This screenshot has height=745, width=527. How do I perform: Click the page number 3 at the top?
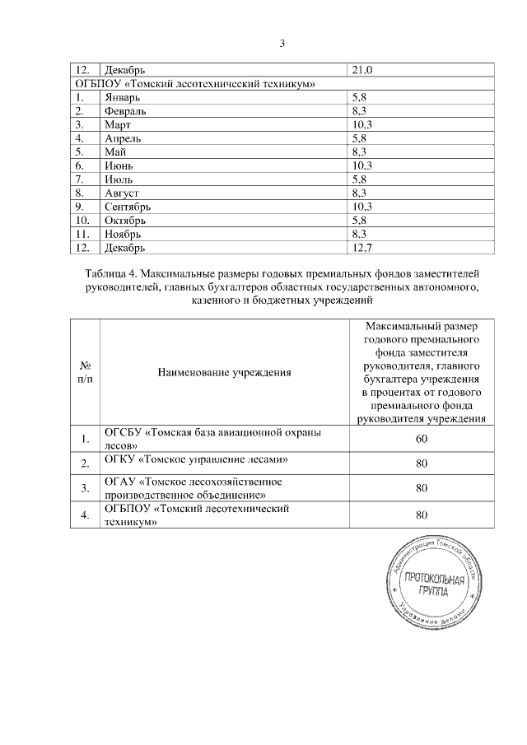[282, 44]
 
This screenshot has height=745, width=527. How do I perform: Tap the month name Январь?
[122, 97]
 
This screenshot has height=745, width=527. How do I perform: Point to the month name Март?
[118, 124]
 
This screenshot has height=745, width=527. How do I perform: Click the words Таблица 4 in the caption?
[114, 272]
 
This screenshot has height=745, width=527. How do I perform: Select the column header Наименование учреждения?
[225, 372]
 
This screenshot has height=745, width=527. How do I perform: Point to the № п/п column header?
[84, 372]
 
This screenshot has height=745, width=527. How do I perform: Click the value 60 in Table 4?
[421, 438]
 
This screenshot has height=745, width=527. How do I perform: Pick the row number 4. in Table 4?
[83, 516]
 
